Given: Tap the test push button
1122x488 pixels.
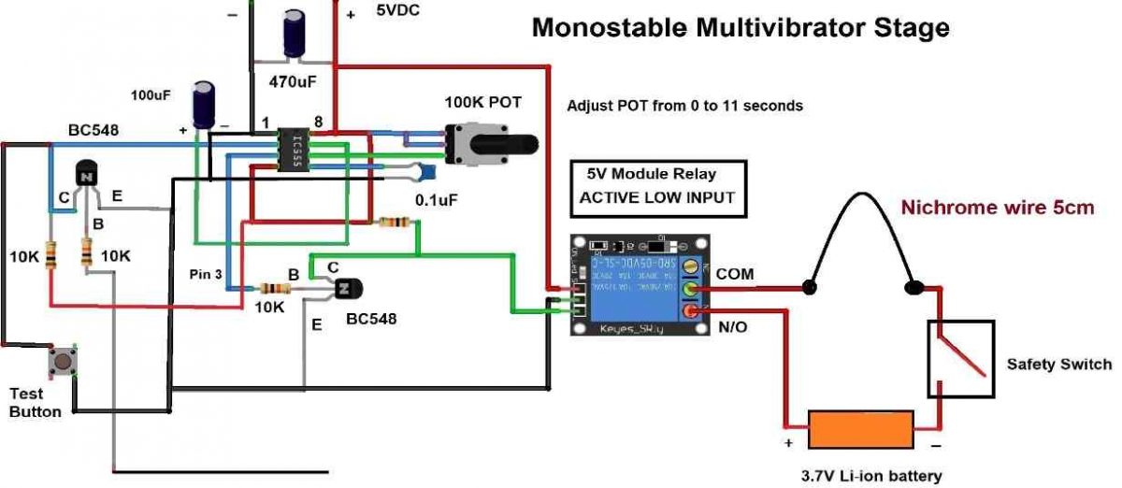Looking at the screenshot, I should [x=63, y=361].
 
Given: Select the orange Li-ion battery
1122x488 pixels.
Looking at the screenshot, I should [x=859, y=431].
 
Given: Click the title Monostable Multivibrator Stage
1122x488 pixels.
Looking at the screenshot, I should [x=741, y=28].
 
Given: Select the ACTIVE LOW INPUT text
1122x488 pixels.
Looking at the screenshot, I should [x=656, y=197].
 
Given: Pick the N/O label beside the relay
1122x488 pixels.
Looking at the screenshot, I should [x=734, y=328].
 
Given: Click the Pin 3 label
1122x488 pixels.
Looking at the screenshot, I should [x=205, y=274].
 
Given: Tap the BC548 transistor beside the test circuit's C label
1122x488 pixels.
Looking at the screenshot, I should [x=87, y=176].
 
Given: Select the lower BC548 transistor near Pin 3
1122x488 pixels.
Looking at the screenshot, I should [x=348, y=291].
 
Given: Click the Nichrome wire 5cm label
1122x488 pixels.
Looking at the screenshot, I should [x=997, y=208].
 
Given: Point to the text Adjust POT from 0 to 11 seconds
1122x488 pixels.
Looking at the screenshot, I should [x=684, y=107].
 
